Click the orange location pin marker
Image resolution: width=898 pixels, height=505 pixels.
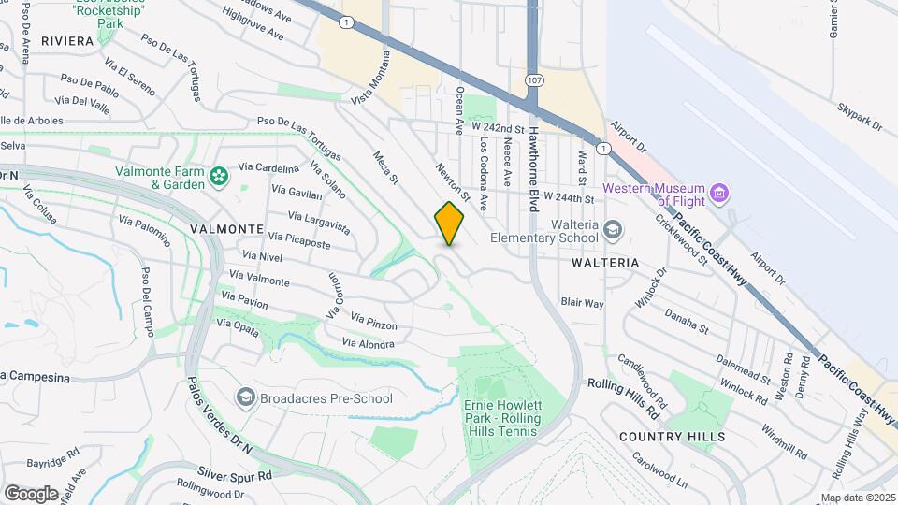tap(450, 224)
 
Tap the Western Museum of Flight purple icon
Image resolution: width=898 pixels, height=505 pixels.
tap(719, 194)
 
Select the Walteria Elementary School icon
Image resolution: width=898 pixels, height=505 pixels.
tap(611, 230)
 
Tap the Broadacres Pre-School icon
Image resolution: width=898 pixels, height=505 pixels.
tap(245, 398)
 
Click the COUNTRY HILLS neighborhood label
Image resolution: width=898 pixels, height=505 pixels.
tap(672, 437)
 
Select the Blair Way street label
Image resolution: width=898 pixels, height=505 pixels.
tap(582, 303)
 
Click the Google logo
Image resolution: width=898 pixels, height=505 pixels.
tap(30, 493)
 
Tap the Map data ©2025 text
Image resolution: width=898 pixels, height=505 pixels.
tap(857, 498)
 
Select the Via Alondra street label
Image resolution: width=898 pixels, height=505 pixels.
tap(368, 344)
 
